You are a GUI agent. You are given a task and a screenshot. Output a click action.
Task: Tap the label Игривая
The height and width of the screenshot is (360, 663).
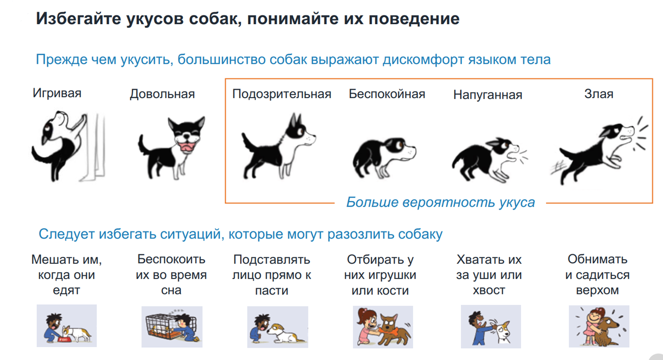[x=57, y=93]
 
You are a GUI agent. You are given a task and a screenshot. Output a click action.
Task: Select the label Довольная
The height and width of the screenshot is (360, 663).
[x=162, y=94]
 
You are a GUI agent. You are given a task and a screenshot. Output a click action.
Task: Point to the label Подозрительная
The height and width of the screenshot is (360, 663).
[x=281, y=94]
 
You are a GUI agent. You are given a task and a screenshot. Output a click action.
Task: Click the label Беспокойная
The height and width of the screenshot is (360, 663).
[x=387, y=94]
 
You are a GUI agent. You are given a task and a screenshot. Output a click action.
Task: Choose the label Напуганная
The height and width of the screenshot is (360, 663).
[x=488, y=95]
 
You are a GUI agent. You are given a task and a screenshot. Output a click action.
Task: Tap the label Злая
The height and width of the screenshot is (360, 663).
[x=599, y=94]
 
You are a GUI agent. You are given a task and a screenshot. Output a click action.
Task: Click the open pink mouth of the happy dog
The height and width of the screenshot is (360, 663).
[x=187, y=146]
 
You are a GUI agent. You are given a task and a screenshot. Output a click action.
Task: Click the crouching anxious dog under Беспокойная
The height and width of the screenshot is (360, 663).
[x=384, y=157]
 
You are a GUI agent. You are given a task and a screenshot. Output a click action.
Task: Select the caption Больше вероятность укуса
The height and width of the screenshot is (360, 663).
[x=441, y=203]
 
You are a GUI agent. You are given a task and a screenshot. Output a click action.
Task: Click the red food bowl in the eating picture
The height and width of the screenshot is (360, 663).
[x=64, y=339]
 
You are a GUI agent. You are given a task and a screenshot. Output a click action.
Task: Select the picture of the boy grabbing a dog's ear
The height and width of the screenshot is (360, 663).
[x=491, y=327]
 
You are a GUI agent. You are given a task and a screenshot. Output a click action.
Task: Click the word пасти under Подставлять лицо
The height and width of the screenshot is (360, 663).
[x=272, y=291]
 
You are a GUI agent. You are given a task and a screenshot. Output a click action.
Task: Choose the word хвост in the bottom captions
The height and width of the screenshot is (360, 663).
[x=489, y=290]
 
